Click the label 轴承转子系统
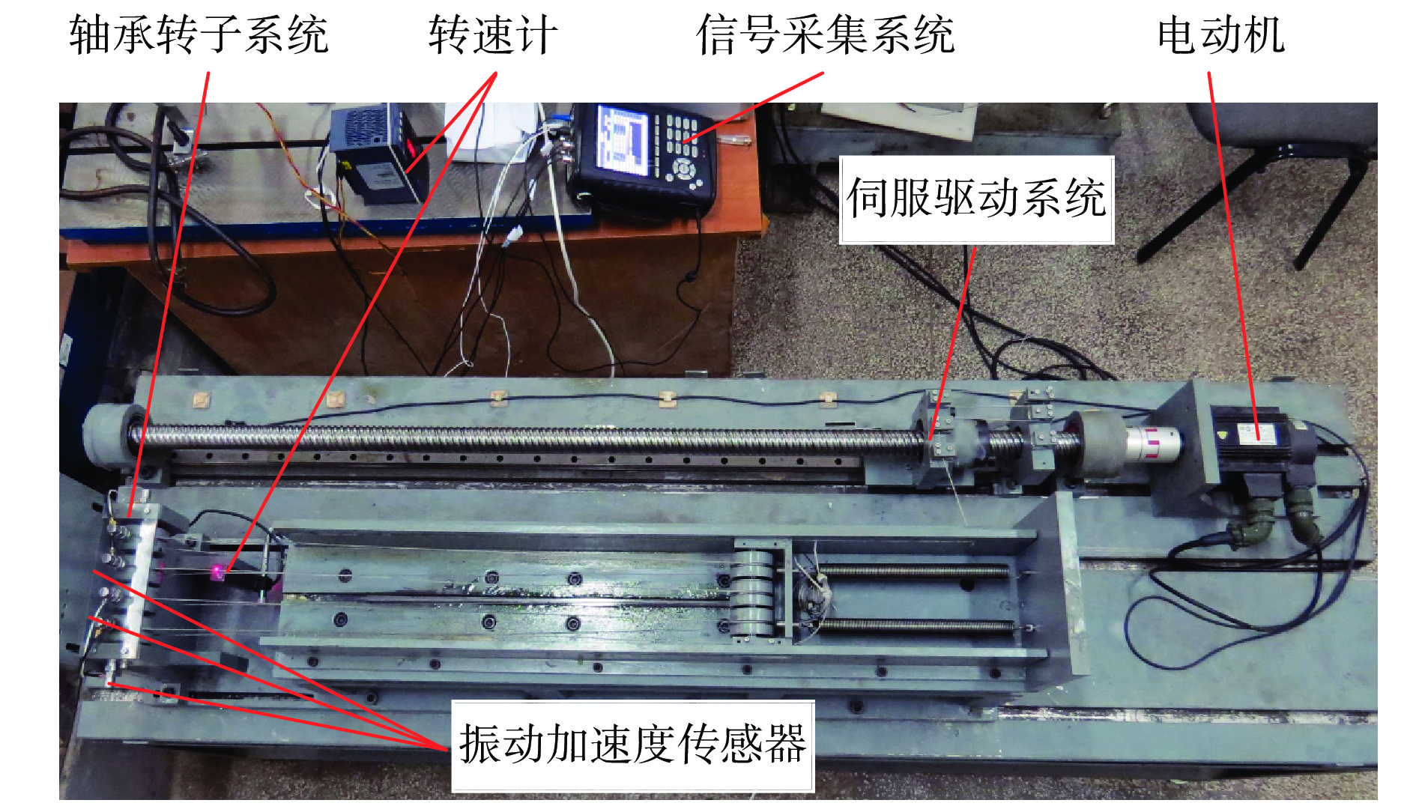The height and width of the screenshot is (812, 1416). click(x=199, y=34)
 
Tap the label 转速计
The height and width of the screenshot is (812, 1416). click(x=493, y=34)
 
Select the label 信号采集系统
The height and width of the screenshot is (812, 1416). click(x=826, y=34)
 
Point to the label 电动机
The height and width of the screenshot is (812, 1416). click(x=1221, y=34)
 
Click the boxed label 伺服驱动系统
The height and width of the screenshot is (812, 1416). click(x=976, y=199)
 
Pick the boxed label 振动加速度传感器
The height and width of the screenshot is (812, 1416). click(x=633, y=745)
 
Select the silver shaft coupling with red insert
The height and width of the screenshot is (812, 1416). click(x=1153, y=443)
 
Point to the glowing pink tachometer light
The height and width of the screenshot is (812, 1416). click(x=217, y=573)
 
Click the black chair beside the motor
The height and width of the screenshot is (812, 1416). click(x=1266, y=180)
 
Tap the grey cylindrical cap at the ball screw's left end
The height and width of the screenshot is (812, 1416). click(x=113, y=437)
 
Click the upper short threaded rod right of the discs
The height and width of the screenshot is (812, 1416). click(x=913, y=572)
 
